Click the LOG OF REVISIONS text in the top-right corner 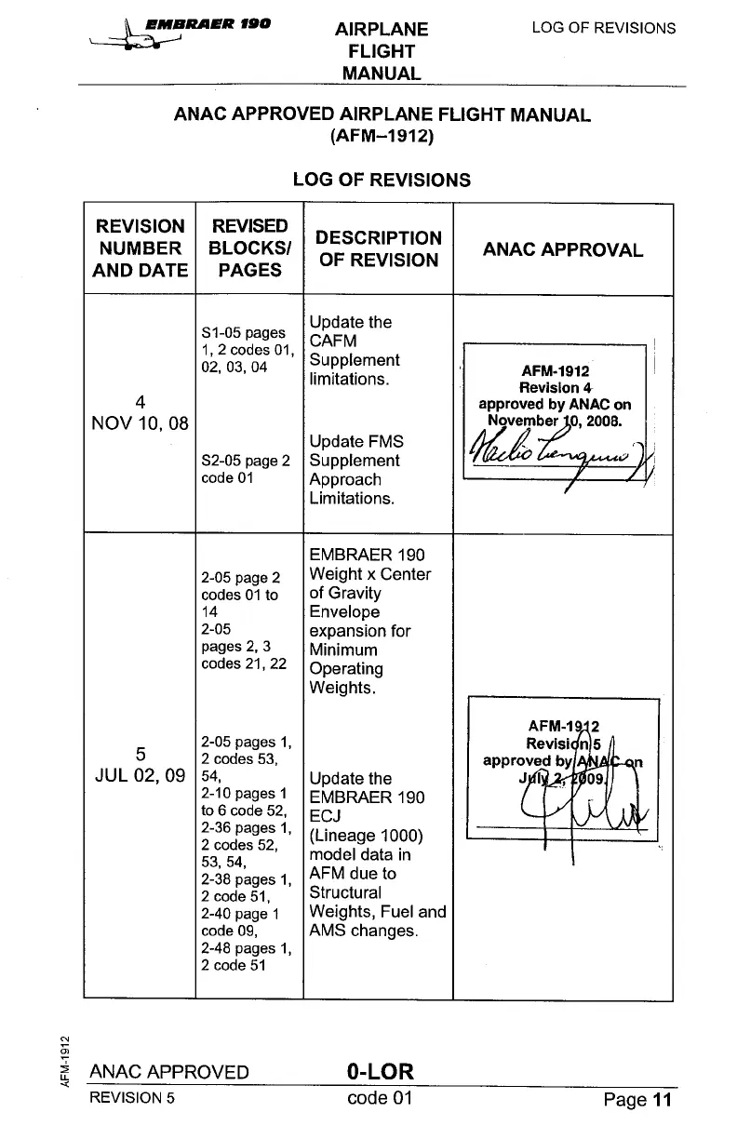pyautogui.click(x=603, y=28)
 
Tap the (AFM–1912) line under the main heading pyautogui.click(x=382, y=138)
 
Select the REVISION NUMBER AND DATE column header pyautogui.click(x=140, y=248)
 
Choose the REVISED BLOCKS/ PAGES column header pyautogui.click(x=249, y=248)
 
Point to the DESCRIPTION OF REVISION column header pyautogui.click(x=378, y=249)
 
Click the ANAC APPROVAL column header pyautogui.click(x=562, y=250)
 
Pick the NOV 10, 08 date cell pyautogui.click(x=140, y=423)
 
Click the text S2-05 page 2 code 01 pyautogui.click(x=246, y=470)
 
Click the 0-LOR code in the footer pyautogui.click(x=379, y=1071)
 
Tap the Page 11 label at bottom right pyautogui.click(x=636, y=1100)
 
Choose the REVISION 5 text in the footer pyautogui.click(x=131, y=1097)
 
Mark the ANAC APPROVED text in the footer pyautogui.click(x=168, y=1072)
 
